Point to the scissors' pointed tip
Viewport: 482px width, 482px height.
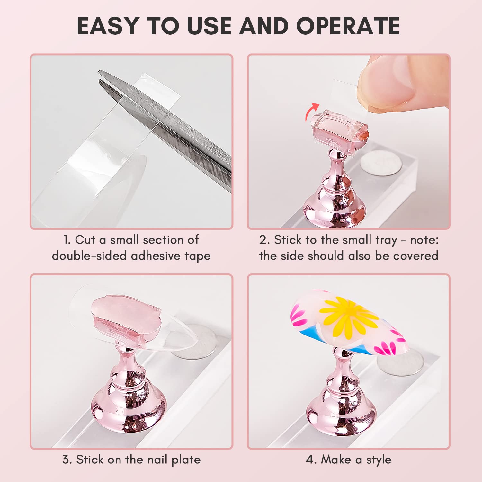tap(100, 72)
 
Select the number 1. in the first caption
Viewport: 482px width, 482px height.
tap(67, 240)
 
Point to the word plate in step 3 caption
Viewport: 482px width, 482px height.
tap(186, 460)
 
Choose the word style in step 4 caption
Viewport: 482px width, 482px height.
tap(379, 460)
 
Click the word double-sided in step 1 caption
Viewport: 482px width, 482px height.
tap(89, 256)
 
